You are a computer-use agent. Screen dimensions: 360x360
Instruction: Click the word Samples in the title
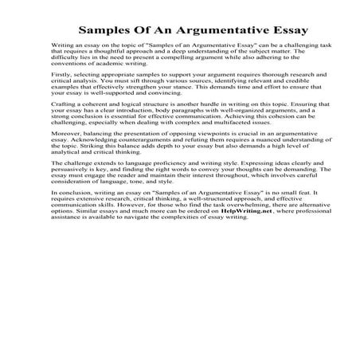(x=104, y=31)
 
